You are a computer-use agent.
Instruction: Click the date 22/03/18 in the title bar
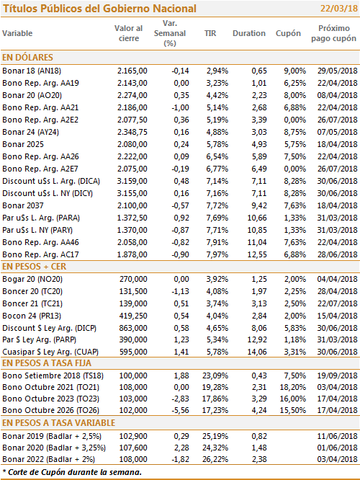[x=339, y=8]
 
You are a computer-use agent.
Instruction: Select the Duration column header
[x=249, y=33]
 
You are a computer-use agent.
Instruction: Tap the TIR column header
[x=210, y=33]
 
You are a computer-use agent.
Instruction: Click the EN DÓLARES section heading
[x=27, y=57]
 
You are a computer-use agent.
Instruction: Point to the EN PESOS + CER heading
[x=35, y=267]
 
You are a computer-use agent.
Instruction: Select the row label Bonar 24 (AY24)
[x=30, y=132]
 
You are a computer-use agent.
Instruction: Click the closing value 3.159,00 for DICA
[x=132, y=181]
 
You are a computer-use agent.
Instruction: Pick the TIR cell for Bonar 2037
[x=217, y=205]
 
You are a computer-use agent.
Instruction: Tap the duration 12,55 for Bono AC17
[x=257, y=254]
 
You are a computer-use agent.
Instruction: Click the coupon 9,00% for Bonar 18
[x=295, y=71]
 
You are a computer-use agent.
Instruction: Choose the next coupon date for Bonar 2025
[x=337, y=144]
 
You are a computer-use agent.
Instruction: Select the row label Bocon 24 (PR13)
[x=32, y=316]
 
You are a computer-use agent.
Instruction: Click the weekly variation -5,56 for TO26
[x=180, y=410]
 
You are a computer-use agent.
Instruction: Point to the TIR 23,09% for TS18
[x=215, y=375]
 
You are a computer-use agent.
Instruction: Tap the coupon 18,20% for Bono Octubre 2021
[x=293, y=387]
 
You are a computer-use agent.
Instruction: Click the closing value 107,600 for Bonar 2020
[x=133, y=448]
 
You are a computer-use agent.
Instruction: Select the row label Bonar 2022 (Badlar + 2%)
[x=49, y=460]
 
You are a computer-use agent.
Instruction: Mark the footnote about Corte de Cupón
[x=72, y=472]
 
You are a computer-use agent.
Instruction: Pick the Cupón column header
[x=288, y=33]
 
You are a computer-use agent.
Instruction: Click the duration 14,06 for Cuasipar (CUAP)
[x=257, y=352]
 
